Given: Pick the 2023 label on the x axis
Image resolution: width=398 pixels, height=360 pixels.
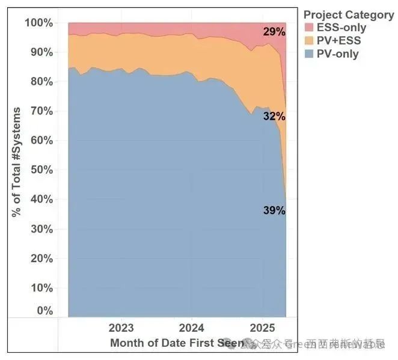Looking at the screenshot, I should click(x=122, y=329).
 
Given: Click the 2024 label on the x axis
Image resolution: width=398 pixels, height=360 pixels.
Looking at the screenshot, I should click(x=192, y=329).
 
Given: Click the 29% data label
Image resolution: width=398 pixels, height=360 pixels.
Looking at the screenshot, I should click(x=274, y=32).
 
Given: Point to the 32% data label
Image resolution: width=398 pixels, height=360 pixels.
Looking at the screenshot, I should click(x=274, y=117).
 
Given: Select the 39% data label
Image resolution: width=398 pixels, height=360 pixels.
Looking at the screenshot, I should click(x=274, y=210).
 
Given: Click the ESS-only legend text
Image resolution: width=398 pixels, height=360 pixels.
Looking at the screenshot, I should click(x=341, y=28).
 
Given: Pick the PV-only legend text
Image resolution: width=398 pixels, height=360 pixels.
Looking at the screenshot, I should click(x=337, y=54).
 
